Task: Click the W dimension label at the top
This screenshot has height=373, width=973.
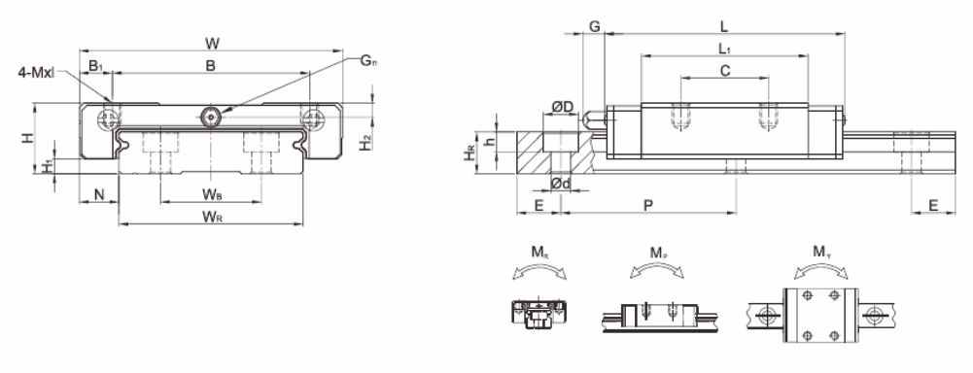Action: coord(212,43)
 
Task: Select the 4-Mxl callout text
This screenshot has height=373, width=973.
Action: coord(36,72)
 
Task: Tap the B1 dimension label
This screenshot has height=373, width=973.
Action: coord(95,66)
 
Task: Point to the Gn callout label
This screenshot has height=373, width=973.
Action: coord(368,61)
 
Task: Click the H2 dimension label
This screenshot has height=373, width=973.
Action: coord(366,143)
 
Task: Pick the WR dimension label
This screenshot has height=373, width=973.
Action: coord(212,217)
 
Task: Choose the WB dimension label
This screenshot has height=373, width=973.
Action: coord(212,194)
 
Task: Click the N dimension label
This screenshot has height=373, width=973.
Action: coord(99,194)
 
